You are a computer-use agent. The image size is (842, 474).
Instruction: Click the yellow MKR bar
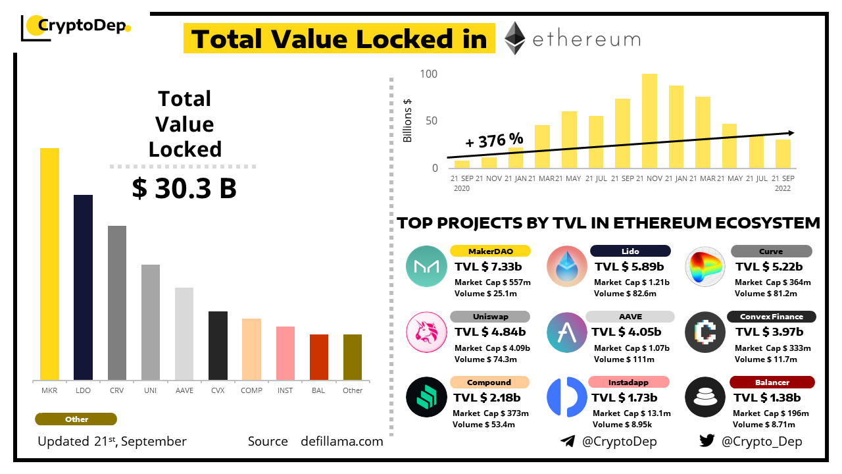[49, 263]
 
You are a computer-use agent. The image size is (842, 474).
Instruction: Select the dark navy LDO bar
[83, 287]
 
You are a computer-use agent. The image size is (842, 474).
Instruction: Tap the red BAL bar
[319, 357]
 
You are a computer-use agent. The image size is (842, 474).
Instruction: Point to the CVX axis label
[218, 390]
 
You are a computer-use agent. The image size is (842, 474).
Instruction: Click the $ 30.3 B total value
[184, 189]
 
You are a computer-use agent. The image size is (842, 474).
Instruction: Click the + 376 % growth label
[494, 140]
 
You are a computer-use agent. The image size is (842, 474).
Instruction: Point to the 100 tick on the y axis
[428, 74]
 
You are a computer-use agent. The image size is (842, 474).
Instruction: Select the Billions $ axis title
[408, 120]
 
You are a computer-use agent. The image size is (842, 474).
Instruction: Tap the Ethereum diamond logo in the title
[515, 38]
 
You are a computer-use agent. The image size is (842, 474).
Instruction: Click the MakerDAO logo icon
[426, 266]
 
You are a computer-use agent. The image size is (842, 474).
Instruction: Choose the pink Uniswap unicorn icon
[426, 332]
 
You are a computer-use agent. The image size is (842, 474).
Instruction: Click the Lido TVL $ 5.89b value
[630, 267]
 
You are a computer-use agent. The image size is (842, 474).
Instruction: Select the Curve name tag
[771, 251]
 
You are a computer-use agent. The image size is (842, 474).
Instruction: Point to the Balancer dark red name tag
[772, 382]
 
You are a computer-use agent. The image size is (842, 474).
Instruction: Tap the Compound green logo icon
[426, 397]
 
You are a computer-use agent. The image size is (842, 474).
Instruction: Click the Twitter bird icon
[707, 441]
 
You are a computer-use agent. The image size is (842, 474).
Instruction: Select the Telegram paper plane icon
[568, 441]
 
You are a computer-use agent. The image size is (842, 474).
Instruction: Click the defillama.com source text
[342, 441]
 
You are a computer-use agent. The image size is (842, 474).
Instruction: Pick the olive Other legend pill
[76, 419]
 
